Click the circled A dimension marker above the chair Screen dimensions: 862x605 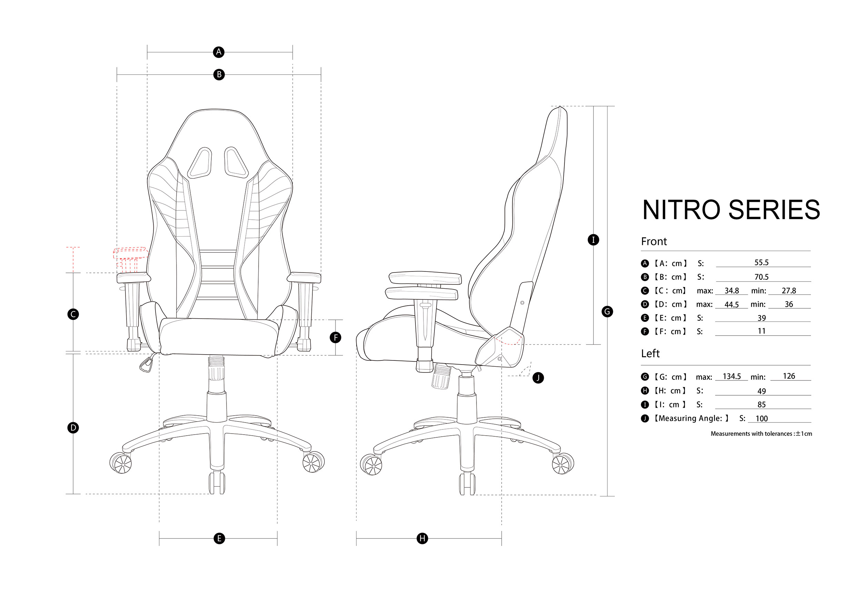pos(219,52)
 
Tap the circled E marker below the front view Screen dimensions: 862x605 pos(219,538)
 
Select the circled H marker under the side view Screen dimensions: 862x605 pos(422,538)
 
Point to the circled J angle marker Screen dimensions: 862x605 pos(538,377)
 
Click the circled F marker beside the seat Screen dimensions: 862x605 pos(335,337)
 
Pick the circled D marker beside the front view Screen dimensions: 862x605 pos(73,427)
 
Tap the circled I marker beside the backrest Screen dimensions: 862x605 pos(593,240)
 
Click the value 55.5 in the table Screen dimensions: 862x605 pos(761,262)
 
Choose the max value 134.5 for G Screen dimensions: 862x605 pos(732,376)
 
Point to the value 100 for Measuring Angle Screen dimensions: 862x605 pos(761,418)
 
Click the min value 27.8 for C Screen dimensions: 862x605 pos(789,291)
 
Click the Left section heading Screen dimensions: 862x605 pos(650,354)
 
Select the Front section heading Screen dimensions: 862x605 pos(654,241)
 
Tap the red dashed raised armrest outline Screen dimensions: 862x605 pos(131,253)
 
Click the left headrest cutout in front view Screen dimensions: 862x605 pos(200,162)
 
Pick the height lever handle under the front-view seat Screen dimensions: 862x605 pos(147,363)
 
